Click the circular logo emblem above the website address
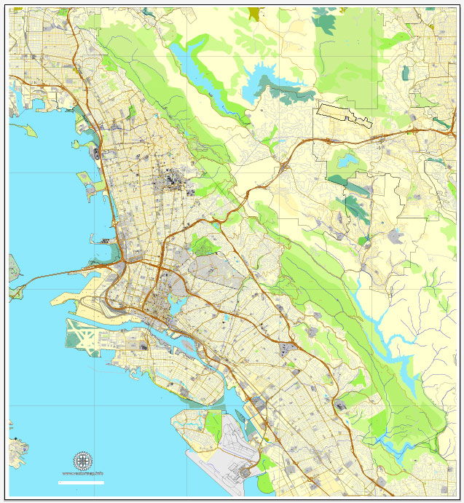83,461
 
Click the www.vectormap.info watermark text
82,475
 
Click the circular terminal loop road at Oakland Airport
247,472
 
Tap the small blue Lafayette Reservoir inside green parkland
347,160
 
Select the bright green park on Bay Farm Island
214,425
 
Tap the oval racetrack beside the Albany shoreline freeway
97,153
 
